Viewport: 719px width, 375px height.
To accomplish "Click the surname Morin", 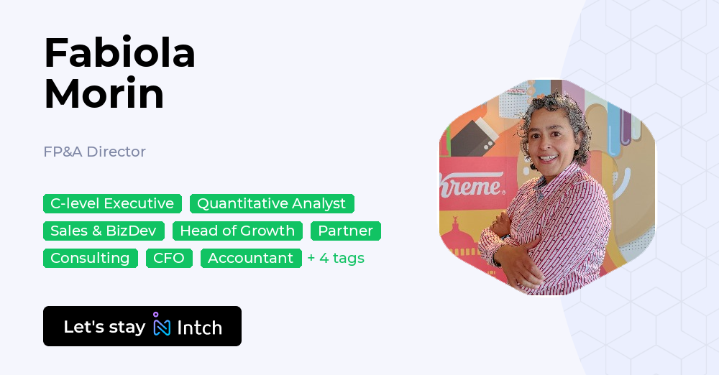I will pyautogui.click(x=104, y=93).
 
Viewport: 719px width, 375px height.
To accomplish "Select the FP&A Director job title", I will pyautogui.click(x=94, y=152).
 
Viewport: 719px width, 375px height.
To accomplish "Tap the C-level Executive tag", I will pyautogui.click(x=112, y=203).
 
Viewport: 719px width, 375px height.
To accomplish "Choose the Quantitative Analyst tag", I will pyautogui.click(x=271, y=203).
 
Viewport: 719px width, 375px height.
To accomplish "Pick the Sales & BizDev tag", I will pyautogui.click(x=104, y=231).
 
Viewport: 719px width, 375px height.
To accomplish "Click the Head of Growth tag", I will pyautogui.click(x=237, y=231).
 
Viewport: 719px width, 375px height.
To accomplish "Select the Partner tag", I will pyautogui.click(x=345, y=231).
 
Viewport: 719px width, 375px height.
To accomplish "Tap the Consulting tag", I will pyautogui.click(x=90, y=258).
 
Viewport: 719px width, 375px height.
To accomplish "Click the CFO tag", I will pyautogui.click(x=169, y=258).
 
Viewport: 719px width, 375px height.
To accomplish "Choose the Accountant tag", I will pyautogui.click(x=250, y=258).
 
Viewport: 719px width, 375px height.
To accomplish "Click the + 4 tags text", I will pyautogui.click(x=336, y=258).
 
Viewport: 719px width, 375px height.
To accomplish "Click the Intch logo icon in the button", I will pyautogui.click(x=162, y=325).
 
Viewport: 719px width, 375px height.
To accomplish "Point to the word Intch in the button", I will pyautogui.click(x=199, y=327).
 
